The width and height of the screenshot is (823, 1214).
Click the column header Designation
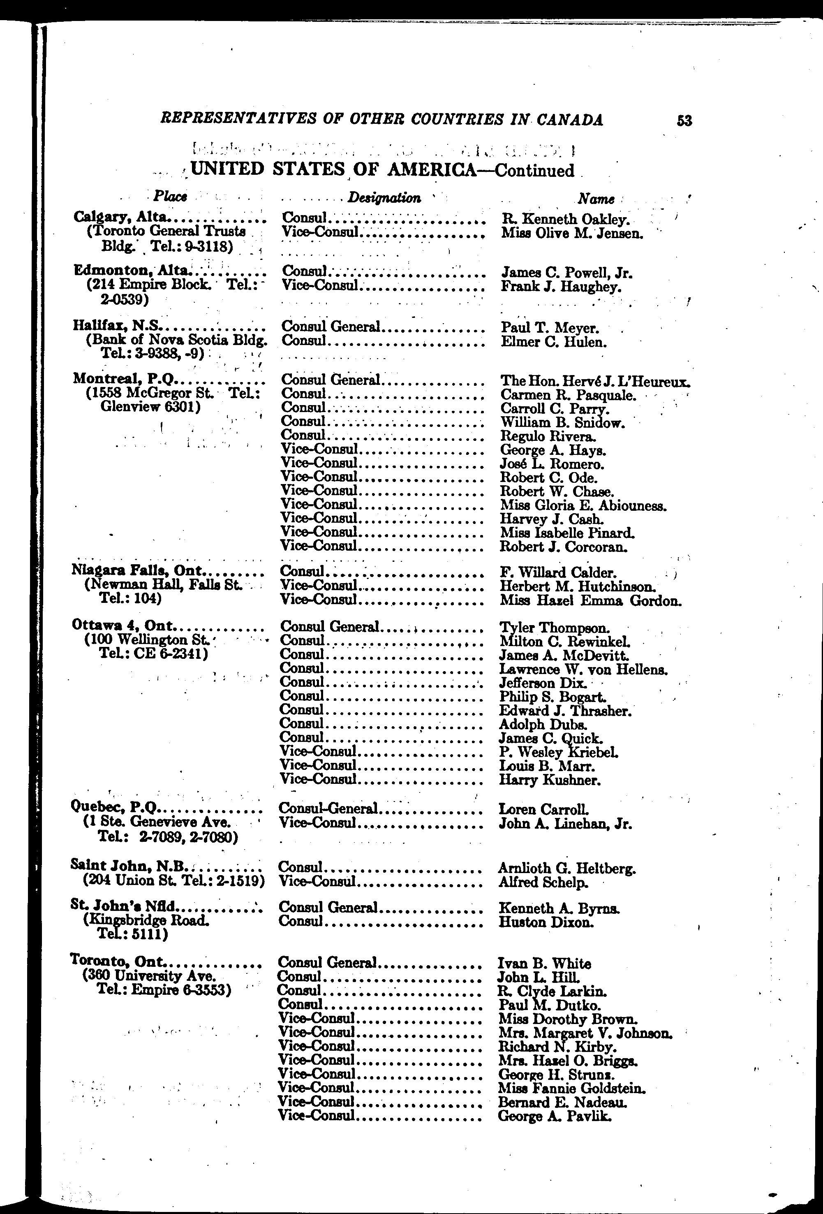[384, 197]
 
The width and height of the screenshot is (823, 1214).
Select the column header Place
[170, 197]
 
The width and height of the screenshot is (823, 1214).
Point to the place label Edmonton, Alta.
[133, 271]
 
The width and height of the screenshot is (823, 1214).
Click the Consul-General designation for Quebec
[328, 809]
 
